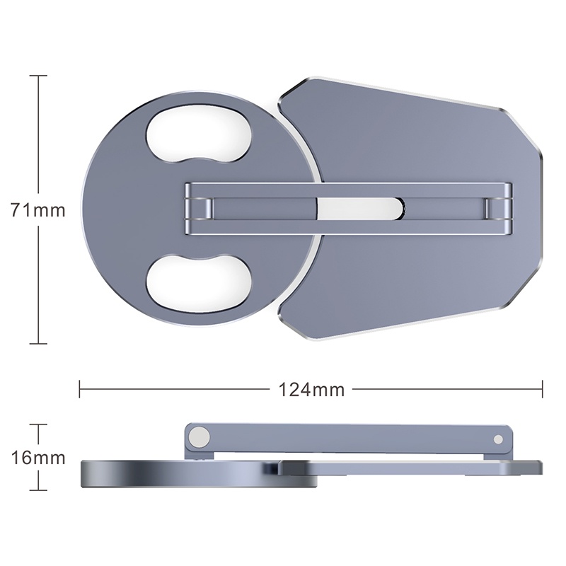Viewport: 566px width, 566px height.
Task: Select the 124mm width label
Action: click(x=311, y=388)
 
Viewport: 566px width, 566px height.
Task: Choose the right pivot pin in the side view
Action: click(x=500, y=438)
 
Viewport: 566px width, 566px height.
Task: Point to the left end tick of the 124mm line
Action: click(x=80, y=388)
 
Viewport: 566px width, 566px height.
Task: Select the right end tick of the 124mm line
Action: click(x=542, y=388)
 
